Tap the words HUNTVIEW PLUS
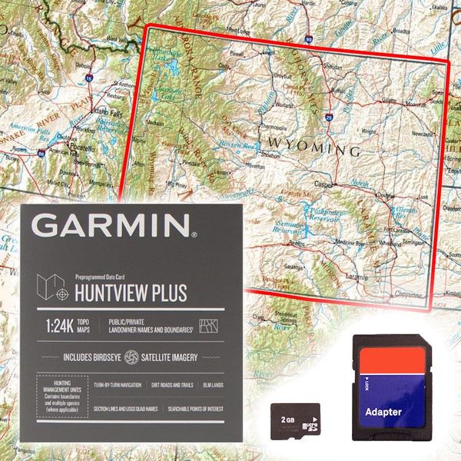tap(130, 292)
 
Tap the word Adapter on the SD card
tap(383, 412)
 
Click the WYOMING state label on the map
tap(313, 147)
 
